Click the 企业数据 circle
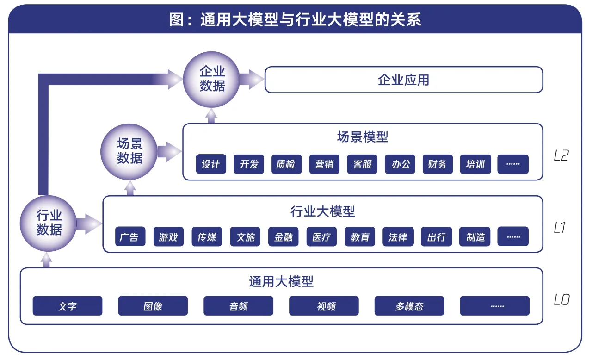212,79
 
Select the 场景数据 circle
129,151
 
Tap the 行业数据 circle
49,223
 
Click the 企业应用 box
403,80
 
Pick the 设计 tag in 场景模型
211,164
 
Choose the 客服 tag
362,164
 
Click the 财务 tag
438,164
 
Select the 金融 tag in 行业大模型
284,237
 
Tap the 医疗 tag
321,237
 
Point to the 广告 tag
130,237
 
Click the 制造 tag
475,237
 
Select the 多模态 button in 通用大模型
409,306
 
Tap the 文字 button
68,306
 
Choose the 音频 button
238,306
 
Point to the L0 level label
561,300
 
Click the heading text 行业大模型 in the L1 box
322,212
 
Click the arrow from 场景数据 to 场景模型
169,151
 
